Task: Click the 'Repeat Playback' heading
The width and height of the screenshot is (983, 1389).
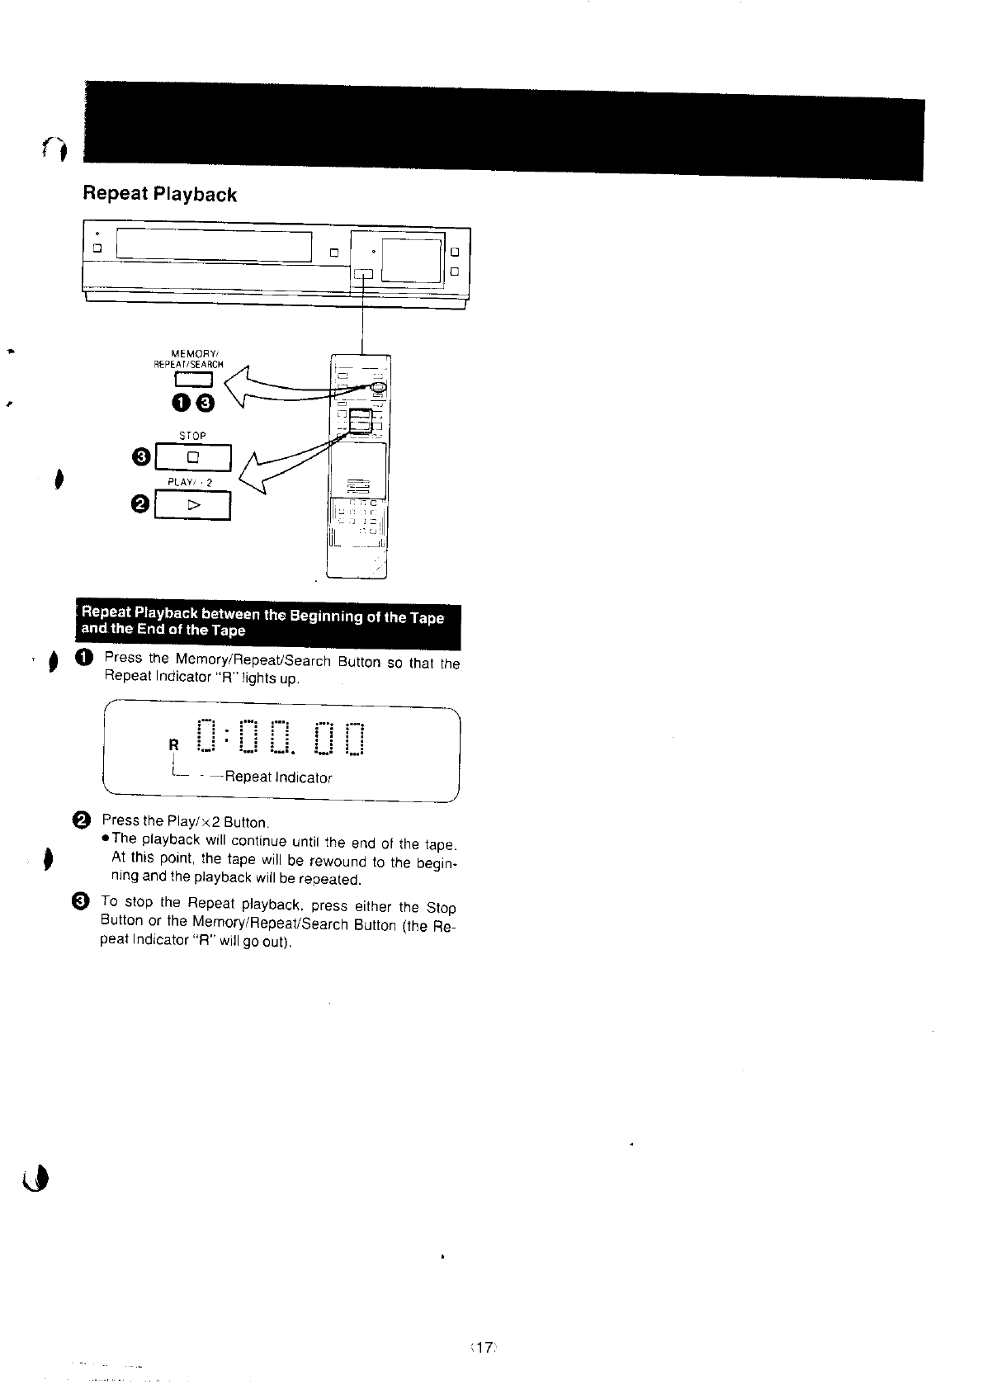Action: coord(159,195)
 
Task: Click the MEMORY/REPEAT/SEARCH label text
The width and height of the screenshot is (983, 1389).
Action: coord(189,360)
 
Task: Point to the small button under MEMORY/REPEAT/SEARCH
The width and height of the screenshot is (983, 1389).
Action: coord(193,380)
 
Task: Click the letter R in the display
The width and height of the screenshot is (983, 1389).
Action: coord(173,744)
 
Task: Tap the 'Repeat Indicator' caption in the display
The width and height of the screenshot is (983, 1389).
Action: coord(277,777)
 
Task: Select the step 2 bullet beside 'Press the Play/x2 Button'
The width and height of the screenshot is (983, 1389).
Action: coord(83,820)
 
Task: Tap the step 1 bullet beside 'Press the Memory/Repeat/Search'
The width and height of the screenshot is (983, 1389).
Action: coord(85,658)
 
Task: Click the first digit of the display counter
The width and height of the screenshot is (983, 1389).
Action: coord(207,736)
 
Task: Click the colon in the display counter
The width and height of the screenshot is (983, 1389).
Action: coord(227,735)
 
